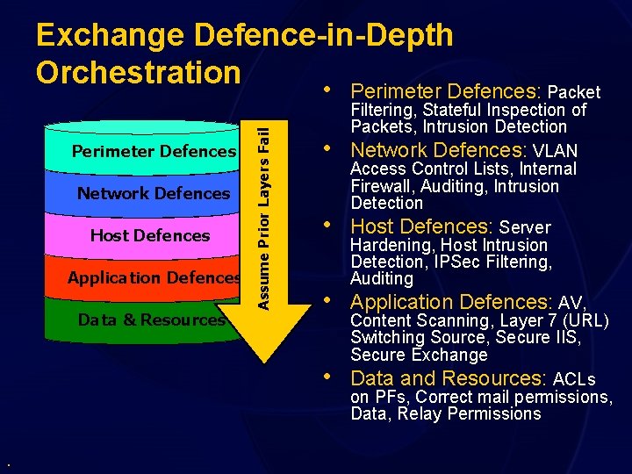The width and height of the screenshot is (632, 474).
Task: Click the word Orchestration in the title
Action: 138,71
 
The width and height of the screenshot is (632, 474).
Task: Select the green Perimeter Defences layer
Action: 154,151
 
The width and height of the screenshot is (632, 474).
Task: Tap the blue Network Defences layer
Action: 154,193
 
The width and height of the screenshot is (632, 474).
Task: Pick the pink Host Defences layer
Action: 150,235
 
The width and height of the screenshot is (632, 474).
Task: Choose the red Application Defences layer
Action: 154,277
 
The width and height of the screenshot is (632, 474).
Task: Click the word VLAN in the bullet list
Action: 555,150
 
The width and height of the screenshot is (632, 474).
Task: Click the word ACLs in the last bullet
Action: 574,379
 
